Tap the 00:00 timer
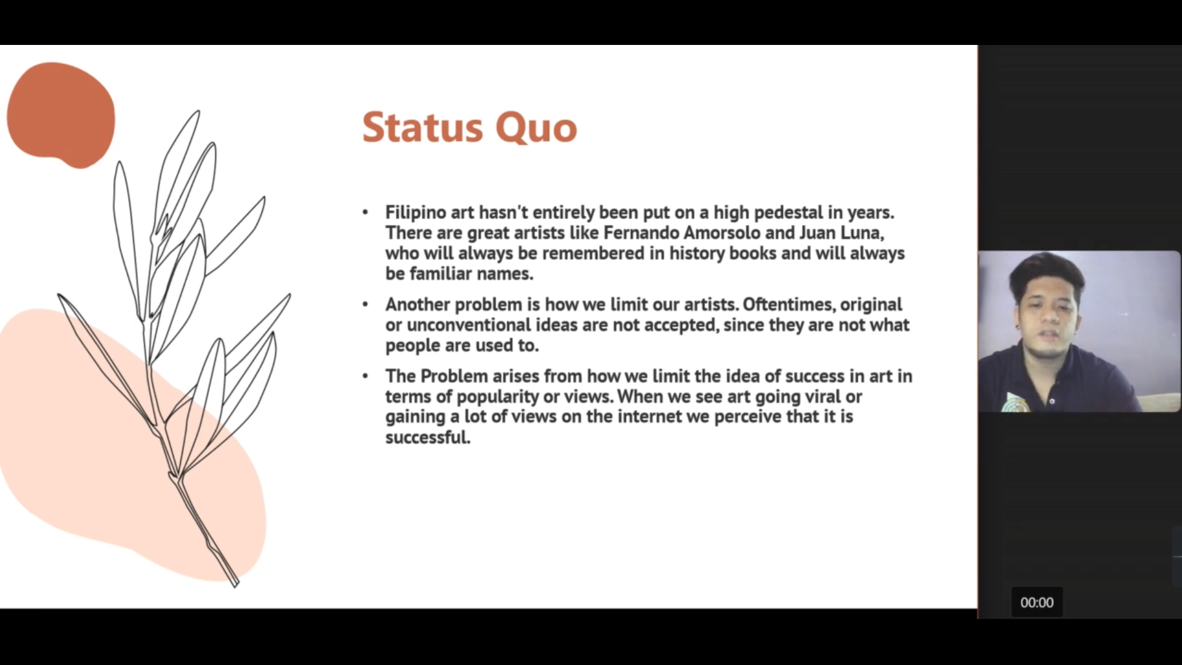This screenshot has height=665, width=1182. [x=1037, y=602]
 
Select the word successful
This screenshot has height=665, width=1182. [x=428, y=437]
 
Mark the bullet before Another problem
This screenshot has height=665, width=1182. [x=365, y=305]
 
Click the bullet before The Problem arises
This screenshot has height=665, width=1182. [x=365, y=376]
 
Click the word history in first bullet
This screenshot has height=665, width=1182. [x=697, y=254]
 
